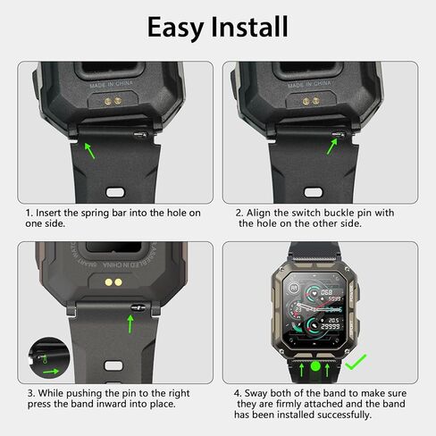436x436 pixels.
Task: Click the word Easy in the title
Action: coord(176,26)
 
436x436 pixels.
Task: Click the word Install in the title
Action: coord(247,26)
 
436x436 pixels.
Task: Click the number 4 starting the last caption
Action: coord(237,392)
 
